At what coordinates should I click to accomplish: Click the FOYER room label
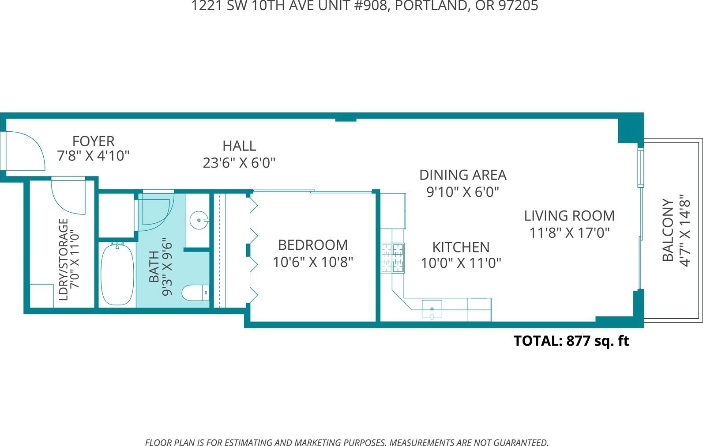93,141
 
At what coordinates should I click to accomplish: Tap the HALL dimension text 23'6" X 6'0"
239,163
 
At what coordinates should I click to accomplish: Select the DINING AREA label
463,175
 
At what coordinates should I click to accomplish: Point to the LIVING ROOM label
569,216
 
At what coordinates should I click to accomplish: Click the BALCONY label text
668,230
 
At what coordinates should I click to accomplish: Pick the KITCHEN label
461,248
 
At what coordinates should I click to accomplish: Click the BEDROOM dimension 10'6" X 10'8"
313,262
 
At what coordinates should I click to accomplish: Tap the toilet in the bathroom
195,293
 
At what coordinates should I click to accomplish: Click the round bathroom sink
199,220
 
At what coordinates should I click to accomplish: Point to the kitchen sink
432,309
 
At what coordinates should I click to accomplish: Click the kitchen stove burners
393,258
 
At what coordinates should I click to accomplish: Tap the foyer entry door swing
26,151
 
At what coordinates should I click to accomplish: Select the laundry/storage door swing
68,196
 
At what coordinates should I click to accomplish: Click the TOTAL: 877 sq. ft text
571,341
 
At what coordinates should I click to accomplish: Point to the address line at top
365,6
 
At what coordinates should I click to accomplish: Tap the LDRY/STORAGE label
64,259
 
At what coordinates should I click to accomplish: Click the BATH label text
154,267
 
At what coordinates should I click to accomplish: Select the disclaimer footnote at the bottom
347,442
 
